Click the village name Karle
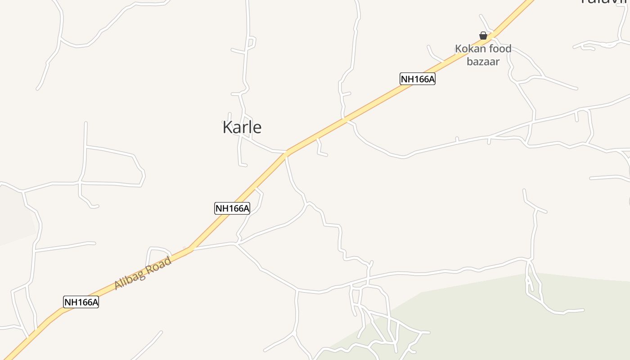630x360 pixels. pos(242,127)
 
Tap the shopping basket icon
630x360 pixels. pos(483,36)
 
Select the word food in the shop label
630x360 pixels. pos(500,49)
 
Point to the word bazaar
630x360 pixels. pos(483,62)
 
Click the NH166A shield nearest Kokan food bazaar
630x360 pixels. pos(418,79)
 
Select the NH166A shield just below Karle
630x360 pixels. pos(232,208)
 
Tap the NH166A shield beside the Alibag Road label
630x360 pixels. pos(81,302)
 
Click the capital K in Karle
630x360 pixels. pos(228,127)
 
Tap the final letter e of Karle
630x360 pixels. pos(257,128)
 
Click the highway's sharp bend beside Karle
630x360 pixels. pos(286,153)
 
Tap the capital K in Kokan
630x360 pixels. pos(459,49)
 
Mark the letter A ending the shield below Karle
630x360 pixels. pos(246,208)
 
